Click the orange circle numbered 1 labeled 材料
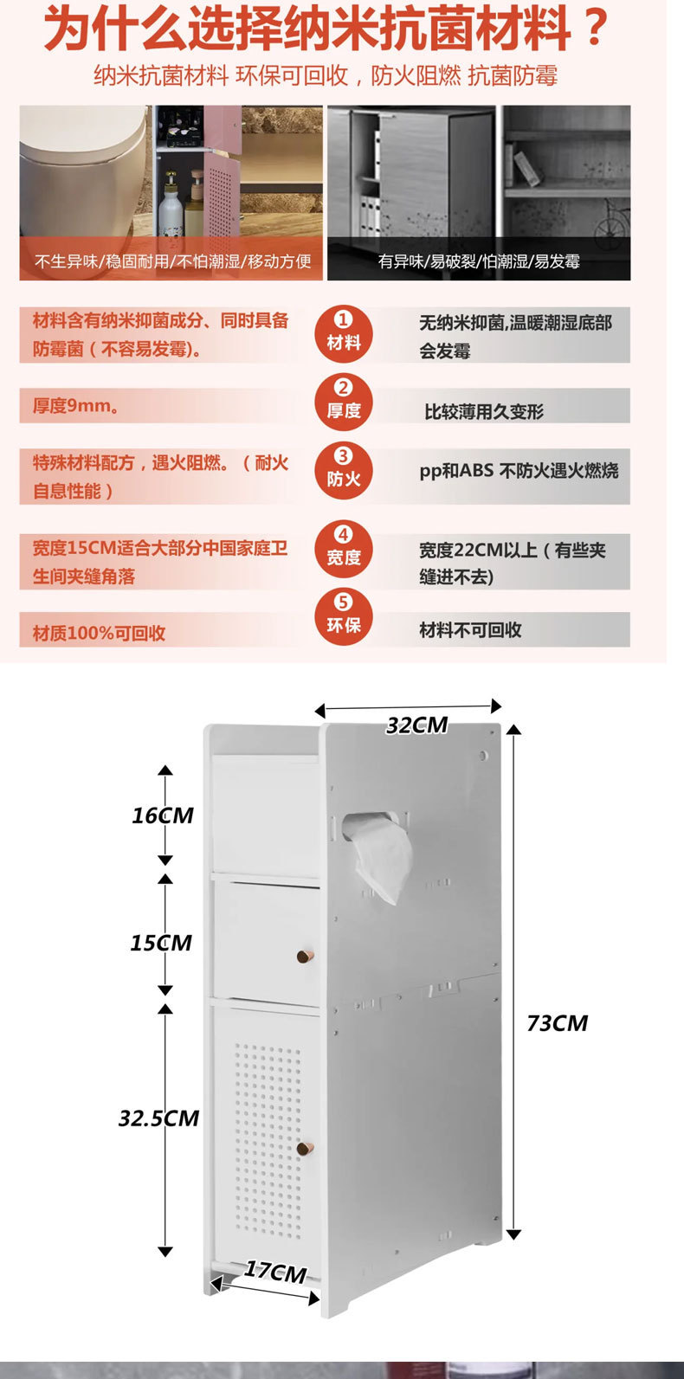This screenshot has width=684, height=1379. coord(344,332)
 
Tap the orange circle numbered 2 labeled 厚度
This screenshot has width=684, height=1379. coord(344,401)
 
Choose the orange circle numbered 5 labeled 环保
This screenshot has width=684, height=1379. coord(344,615)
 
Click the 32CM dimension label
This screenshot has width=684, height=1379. coord(416,725)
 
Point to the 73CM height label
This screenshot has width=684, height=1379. coord(557,1023)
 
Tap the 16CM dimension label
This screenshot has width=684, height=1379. coord(163,815)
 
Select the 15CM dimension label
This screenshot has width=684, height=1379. coord(161,943)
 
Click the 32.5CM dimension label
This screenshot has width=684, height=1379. coord(159,1118)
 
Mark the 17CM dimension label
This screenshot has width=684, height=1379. coord(275,1272)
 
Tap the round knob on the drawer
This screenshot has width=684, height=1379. coord(303,956)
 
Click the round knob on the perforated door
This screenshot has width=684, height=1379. coord(304,1149)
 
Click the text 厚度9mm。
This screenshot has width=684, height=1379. coord(76,406)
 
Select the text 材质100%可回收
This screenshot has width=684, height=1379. coord(99,633)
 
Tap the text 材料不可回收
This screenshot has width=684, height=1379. coord(470,630)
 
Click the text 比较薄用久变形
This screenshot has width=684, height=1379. coord(484,412)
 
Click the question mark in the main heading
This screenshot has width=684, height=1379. coord(596,29)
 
